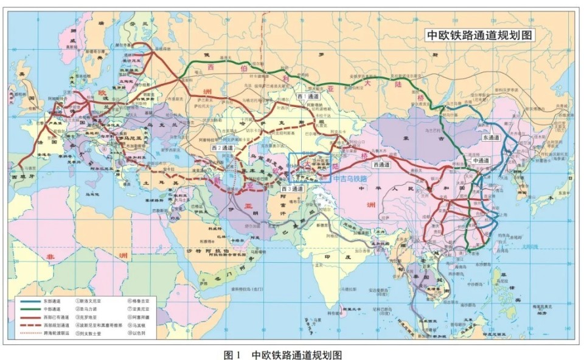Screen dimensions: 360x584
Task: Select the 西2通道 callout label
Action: [x=223, y=147]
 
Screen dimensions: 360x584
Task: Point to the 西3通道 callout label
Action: [x=293, y=189]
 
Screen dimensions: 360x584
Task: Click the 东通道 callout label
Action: [x=490, y=138]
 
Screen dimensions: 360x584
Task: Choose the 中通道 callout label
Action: [x=480, y=161]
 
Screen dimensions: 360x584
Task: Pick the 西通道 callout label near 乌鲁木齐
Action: [x=381, y=164]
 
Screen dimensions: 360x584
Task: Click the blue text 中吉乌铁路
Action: [x=350, y=179]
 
